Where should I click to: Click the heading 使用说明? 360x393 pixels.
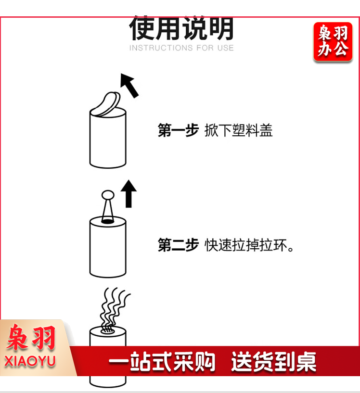coord(181,28)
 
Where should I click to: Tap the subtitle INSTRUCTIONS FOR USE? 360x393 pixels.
coord(181,48)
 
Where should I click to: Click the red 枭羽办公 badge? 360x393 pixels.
coord(333,41)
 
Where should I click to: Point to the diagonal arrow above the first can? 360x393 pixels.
coord(129,85)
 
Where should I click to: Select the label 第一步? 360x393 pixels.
coord(178,130)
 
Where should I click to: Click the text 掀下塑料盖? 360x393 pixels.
coord(238,130)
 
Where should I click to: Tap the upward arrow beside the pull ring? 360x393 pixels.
coord(129,193)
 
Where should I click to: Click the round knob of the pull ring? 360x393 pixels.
coord(108,195)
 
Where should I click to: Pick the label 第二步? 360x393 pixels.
coord(178,245)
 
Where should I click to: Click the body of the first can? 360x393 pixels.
coord(108,140)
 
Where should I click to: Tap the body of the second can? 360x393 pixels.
coord(108,248)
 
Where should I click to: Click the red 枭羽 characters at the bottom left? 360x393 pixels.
coord(31,337)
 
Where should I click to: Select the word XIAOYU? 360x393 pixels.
coord(30,361)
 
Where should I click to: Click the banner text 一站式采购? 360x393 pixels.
coord(162,361)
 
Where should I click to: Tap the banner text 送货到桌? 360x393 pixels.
coord(273,361)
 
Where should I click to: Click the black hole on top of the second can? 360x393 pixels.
coord(107,221)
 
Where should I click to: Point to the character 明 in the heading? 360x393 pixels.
coord(221,28)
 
